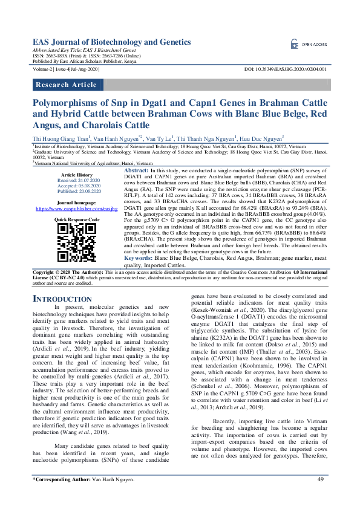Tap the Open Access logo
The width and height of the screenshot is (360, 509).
click(x=309, y=44)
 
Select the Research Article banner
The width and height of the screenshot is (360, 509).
click(x=66, y=85)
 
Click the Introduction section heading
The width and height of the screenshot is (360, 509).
click(x=62, y=299)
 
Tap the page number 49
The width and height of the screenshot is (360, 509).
click(x=321, y=496)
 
